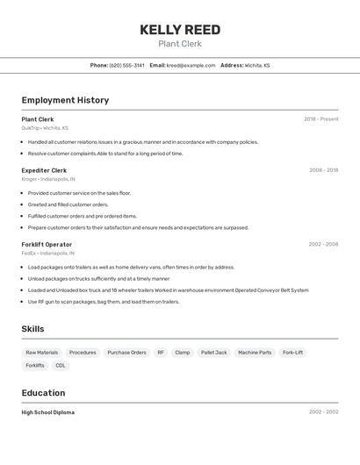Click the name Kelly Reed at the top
pos(180,30)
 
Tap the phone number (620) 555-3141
pos(127,65)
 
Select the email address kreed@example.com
pos(191,65)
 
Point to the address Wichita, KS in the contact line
pos(257,65)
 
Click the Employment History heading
pos(65,100)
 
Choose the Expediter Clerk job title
pos(44,170)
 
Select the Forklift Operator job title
pos(47,244)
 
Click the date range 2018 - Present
pos(320,119)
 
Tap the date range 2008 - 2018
pos(323,170)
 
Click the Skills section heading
pos(33,329)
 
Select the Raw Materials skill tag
pos(41,353)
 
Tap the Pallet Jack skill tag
pos(213,353)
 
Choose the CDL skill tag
pos(61,365)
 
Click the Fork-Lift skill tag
pos(292,353)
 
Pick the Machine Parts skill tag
pos(255,353)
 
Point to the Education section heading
pos(43,393)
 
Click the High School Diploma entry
pos(48,412)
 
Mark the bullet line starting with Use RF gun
pos(104,302)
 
